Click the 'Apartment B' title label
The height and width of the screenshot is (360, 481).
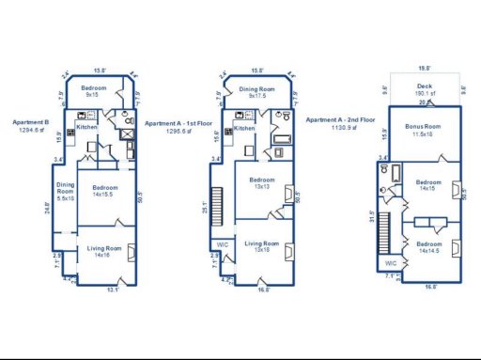[30, 122]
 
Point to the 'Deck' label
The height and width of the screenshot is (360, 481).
[425, 86]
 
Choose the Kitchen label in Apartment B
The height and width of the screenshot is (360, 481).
[86, 126]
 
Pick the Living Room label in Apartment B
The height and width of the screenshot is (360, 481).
[98, 248]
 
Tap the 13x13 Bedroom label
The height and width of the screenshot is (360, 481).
[261, 180]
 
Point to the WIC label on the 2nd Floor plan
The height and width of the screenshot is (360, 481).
[391, 263]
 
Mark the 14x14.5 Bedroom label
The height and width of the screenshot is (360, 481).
[428, 246]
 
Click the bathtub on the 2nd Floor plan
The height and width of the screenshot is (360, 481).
[395, 174]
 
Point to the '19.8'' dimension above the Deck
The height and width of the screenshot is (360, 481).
[425, 68]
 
